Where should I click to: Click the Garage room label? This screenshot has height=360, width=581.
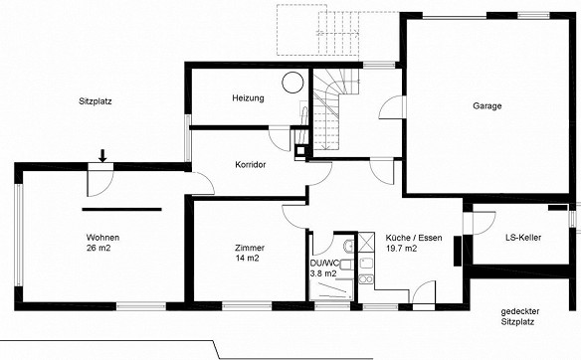click(486, 106)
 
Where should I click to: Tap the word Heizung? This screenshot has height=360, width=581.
click(248, 98)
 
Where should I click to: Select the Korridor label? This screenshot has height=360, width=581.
click(251, 164)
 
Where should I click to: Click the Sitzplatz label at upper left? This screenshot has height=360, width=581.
click(96, 101)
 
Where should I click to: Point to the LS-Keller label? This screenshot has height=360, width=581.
click(523, 238)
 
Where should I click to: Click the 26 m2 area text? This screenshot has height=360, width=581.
click(98, 249)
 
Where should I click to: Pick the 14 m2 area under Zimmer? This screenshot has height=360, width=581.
click(247, 259)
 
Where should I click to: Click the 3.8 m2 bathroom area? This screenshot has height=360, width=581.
click(323, 273)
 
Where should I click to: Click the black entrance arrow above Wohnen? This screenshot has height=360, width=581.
click(102, 155)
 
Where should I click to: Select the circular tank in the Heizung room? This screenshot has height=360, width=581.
click(292, 82)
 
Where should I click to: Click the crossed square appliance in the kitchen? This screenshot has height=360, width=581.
click(366, 243)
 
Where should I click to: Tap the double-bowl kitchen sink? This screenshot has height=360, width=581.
click(366, 278)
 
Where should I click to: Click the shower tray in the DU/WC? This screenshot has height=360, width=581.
click(331, 289)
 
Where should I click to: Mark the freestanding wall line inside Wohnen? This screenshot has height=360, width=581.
click(121, 209)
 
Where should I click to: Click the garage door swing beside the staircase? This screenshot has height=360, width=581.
click(393, 107)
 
